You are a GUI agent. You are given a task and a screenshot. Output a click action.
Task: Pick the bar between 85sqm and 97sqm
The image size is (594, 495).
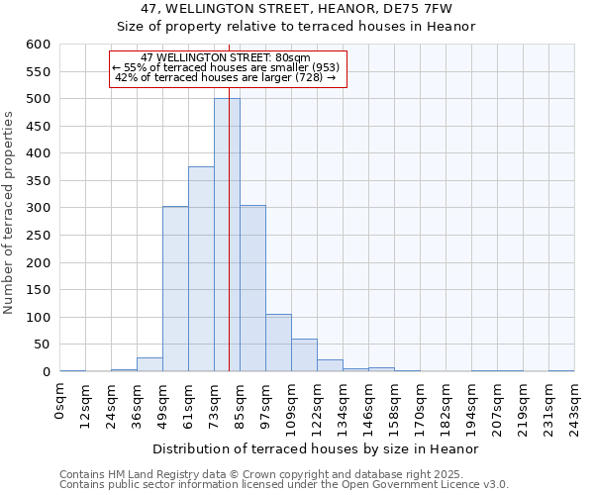(252, 288)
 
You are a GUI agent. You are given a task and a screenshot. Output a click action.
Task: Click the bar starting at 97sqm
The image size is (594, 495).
(278, 343)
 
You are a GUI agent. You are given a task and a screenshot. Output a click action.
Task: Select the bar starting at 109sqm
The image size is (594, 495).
(304, 355)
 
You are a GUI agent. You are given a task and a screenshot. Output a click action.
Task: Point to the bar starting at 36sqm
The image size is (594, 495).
(149, 364)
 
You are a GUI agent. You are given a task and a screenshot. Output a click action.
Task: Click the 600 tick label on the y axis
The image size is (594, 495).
(38, 45)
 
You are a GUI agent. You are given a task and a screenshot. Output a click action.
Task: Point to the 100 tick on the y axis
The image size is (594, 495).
(38, 318)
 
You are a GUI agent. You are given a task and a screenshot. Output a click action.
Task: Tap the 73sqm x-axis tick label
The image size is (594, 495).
(215, 401)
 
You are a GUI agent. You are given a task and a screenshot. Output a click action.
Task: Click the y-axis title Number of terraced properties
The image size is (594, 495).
(9, 212)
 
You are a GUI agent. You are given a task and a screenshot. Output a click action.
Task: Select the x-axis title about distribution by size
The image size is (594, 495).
(317, 448)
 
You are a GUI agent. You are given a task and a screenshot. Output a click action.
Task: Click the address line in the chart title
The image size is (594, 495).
(296, 8)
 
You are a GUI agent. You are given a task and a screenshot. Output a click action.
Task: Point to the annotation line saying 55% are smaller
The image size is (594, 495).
(226, 67)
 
